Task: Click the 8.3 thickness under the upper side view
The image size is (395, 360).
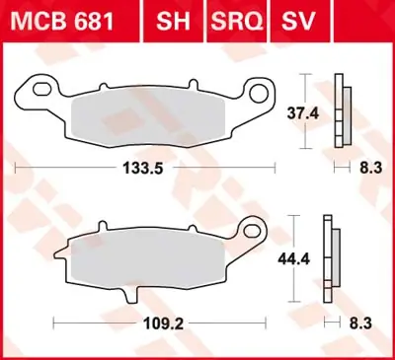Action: click(x=370, y=169)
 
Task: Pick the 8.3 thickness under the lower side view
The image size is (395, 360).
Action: click(x=370, y=322)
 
